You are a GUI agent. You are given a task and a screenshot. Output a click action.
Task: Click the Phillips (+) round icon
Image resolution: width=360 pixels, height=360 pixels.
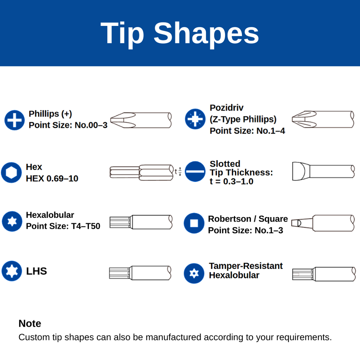[x=14, y=120]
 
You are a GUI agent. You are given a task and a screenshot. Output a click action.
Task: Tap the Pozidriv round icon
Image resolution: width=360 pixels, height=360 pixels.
[x=195, y=119]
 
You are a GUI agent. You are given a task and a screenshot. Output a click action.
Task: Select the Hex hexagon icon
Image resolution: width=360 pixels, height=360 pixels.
[x=11, y=172]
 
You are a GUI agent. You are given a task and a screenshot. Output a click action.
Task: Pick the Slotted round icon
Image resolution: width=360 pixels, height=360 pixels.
[x=195, y=172]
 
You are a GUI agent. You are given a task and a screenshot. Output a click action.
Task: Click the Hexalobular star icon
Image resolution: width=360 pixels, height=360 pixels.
[x=12, y=221]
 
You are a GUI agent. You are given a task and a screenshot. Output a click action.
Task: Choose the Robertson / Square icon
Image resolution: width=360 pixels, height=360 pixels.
[x=194, y=223]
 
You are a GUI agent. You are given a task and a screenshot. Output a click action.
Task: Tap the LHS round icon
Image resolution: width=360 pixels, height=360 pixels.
[x=12, y=271]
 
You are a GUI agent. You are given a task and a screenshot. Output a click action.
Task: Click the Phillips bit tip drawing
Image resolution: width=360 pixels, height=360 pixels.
[x=141, y=120]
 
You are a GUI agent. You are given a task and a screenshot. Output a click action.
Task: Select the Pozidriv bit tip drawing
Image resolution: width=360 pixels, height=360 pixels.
[x=322, y=119]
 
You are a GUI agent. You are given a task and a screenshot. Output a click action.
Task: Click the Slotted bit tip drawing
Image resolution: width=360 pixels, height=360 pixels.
[x=322, y=172]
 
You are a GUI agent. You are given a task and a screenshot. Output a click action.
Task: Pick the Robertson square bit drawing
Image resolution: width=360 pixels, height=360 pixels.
[x=322, y=223]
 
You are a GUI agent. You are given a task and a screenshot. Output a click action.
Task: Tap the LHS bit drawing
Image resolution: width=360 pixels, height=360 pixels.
[x=140, y=272]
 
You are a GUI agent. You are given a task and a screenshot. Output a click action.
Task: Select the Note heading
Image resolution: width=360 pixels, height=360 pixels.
[x=30, y=323]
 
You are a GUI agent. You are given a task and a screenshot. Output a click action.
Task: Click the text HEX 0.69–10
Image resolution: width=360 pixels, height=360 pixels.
[x=52, y=178]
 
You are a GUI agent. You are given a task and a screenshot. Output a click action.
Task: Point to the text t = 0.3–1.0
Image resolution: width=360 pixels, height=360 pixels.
[x=231, y=181]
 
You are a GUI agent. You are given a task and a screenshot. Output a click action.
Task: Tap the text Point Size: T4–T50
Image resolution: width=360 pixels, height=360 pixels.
[x=63, y=226]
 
